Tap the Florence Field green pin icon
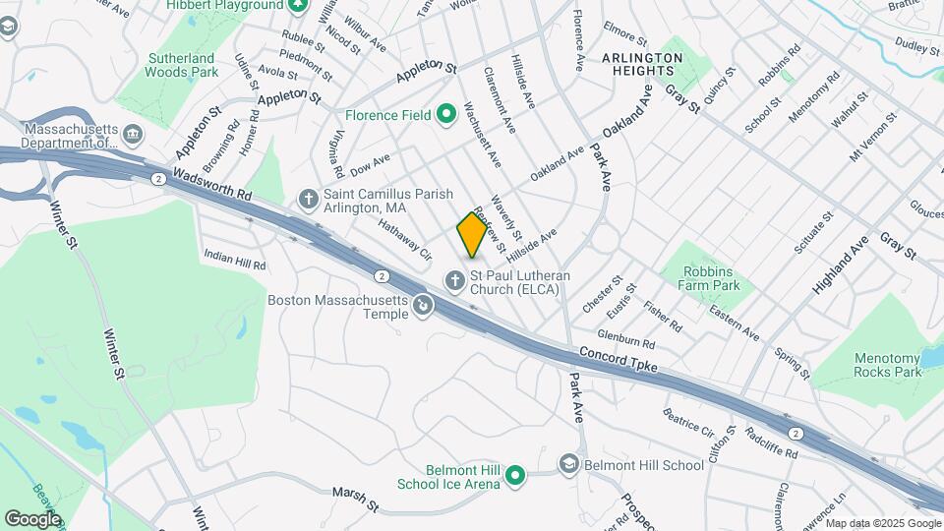(446, 115)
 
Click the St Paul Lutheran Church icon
(454, 282)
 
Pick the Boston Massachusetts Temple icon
(423, 307)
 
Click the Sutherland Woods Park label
(181, 65)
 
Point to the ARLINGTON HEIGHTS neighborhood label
(641, 65)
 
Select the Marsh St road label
(355, 498)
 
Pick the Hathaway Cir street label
(405, 239)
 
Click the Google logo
(32, 518)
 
